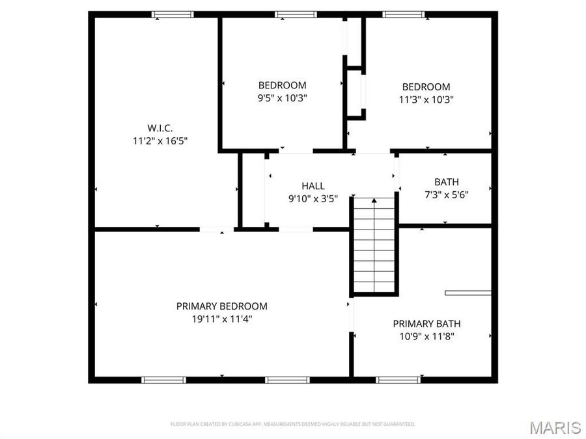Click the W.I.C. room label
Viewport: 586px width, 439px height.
click(160, 128)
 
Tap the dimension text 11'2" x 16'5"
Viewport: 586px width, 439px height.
click(160, 140)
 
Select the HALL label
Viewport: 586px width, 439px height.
click(313, 186)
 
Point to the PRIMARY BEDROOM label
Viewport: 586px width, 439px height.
click(221, 306)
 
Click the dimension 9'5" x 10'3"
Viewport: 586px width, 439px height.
click(282, 98)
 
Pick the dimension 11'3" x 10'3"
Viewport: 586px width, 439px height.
click(426, 100)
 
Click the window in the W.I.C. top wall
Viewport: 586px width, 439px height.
click(173, 14)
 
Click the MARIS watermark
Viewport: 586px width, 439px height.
click(555, 427)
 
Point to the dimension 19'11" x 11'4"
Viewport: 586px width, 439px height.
click(221, 319)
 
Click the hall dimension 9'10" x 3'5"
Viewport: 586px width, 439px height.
click(313, 198)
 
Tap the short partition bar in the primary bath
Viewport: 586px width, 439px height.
click(467, 293)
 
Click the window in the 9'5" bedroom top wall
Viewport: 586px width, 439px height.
click(296, 14)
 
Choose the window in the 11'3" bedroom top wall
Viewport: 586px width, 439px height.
click(404, 14)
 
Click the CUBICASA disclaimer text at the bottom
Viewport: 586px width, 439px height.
click(293, 424)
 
